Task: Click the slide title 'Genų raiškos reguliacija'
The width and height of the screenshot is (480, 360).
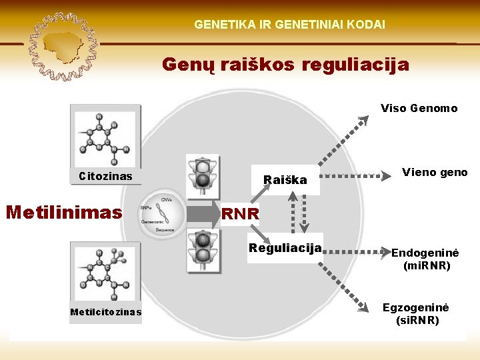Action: pos(285,65)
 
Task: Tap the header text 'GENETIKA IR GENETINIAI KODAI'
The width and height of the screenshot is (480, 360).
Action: pos(289,24)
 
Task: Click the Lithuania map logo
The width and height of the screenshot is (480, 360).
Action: pos(64,45)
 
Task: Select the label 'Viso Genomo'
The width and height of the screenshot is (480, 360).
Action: pos(419,108)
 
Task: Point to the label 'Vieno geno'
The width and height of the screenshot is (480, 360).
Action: pos(435,173)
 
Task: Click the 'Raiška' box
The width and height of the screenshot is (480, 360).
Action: pos(285,180)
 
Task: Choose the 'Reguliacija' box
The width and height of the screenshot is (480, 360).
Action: pos(285,248)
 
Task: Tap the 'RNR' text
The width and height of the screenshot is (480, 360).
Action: pos(241,214)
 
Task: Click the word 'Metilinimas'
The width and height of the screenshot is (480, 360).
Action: pos(64,212)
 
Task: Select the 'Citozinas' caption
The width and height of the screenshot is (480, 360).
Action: pos(105,177)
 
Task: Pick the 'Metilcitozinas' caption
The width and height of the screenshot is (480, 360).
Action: pos(105,312)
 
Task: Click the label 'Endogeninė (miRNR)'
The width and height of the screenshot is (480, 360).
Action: pos(427,259)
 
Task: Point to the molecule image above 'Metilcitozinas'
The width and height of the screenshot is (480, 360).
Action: pos(105,273)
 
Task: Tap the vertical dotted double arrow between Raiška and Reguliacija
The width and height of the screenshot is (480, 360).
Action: pos(298,212)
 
